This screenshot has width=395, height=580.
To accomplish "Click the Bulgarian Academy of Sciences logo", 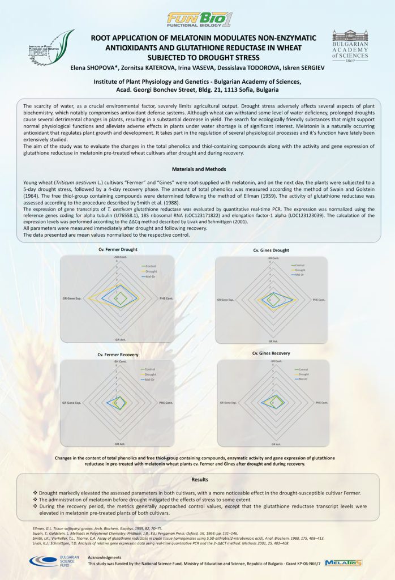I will coord(350,46).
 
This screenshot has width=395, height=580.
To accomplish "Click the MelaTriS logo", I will coord(343,562).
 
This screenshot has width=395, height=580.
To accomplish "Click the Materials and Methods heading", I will coord(198,169).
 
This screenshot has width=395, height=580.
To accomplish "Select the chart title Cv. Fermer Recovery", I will coord(118,354).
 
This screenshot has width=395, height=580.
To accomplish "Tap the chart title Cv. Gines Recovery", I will coord(271,353).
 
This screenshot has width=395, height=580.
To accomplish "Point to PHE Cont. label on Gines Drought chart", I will coord(317,299).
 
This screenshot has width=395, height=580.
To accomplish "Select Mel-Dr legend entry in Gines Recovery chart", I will coord(303,378).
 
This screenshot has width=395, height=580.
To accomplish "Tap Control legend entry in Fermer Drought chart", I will coord(150,265).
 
